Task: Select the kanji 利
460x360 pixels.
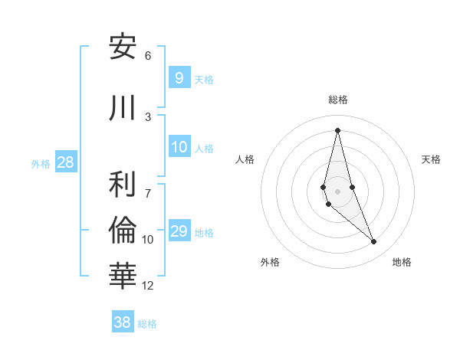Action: (x=123, y=185)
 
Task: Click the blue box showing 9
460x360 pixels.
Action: (x=179, y=77)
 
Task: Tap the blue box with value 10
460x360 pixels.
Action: (x=179, y=147)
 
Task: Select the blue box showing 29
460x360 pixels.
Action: (x=179, y=231)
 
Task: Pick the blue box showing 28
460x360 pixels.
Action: (x=65, y=162)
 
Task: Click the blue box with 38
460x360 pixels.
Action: (x=123, y=322)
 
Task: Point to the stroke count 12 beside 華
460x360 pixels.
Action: (x=148, y=286)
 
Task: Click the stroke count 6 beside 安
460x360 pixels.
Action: (x=148, y=56)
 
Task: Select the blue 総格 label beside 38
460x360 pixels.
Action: (x=147, y=324)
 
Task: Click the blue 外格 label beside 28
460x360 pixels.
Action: (x=41, y=163)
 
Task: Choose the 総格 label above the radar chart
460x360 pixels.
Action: (x=337, y=100)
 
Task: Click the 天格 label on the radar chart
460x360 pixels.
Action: (x=432, y=159)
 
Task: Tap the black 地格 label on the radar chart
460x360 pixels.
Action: (x=402, y=262)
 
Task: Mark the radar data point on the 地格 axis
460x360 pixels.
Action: (x=374, y=242)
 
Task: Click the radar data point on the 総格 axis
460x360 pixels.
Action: (x=337, y=130)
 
